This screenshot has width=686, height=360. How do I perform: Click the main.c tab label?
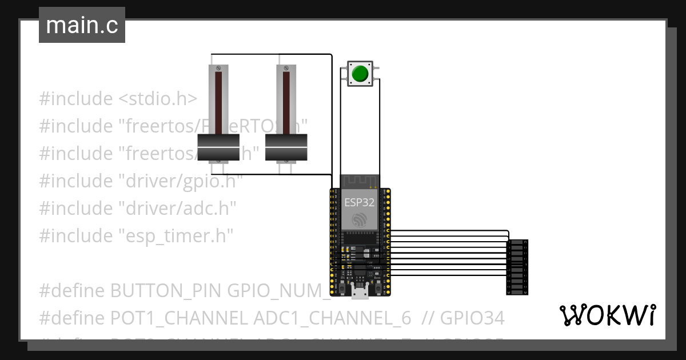click(x=82, y=26)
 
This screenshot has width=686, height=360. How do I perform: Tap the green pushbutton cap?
click(x=360, y=74)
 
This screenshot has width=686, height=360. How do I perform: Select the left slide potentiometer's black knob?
click(x=218, y=147)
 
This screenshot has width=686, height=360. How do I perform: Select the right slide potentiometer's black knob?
click(x=286, y=147)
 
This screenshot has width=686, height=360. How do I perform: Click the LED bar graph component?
click(x=517, y=267)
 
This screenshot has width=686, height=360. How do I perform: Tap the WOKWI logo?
click(x=607, y=315)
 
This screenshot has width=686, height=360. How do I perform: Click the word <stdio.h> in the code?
click(x=157, y=99)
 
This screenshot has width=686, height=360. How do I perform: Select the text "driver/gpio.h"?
click(x=180, y=181)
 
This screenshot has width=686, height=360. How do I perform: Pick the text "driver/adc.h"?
click(x=177, y=209)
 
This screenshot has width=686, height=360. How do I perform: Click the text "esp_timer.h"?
click(x=176, y=236)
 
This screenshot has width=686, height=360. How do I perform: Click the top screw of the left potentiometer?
click(x=219, y=68)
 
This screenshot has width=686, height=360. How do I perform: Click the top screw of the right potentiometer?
click(x=286, y=68)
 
